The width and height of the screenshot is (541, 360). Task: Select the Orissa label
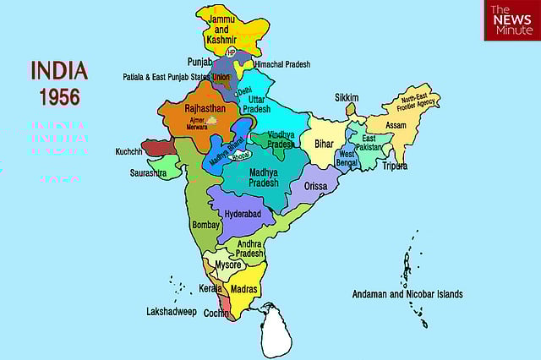point(309,187)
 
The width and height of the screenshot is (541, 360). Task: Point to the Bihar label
point(325,145)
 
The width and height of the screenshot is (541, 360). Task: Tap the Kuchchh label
point(128,152)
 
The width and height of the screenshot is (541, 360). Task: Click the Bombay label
point(206,225)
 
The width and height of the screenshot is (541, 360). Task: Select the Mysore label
point(228,265)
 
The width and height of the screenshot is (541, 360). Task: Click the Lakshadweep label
point(172,312)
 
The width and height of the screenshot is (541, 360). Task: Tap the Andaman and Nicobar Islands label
point(407,294)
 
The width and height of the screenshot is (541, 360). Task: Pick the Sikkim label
point(347,97)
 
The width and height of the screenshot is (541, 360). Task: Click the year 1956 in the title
point(58,96)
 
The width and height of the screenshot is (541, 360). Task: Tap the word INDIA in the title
point(59,69)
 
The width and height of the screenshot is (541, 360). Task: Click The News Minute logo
point(511,20)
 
